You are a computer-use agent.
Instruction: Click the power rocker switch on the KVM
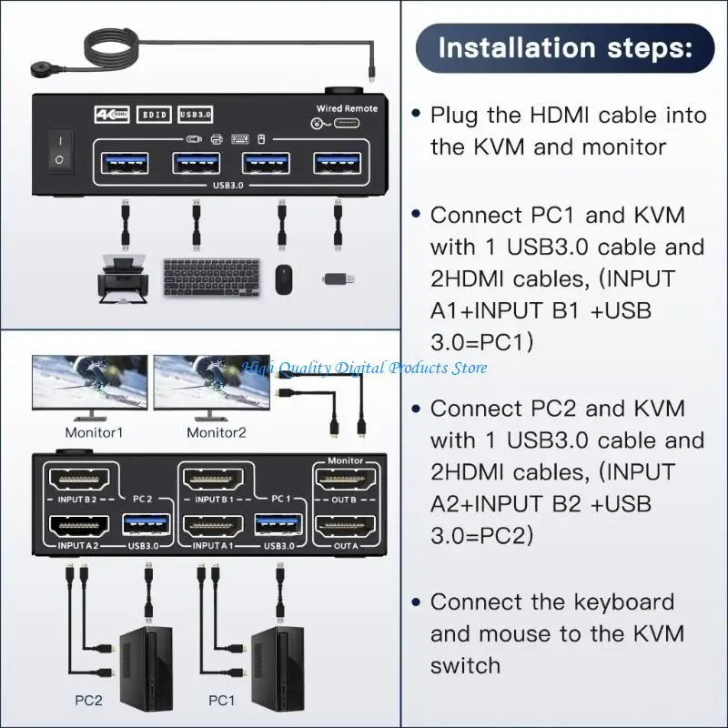click(x=59, y=150)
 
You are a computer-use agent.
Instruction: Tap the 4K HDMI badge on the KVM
click(x=111, y=115)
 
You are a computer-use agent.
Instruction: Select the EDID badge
click(x=151, y=115)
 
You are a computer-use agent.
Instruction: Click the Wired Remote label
click(x=346, y=108)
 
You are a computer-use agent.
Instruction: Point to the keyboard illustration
click(x=208, y=275)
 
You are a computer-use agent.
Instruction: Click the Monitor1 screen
click(x=89, y=382)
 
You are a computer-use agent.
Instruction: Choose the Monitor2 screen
click(x=211, y=382)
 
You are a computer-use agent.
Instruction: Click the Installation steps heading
click(x=564, y=47)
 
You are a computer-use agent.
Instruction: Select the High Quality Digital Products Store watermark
click(x=364, y=368)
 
